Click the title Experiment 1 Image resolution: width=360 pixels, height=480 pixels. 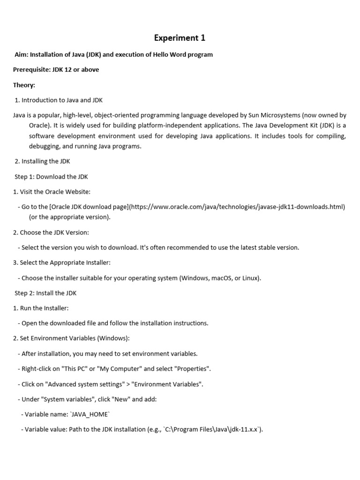(180, 38)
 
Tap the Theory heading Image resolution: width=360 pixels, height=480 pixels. (24, 85)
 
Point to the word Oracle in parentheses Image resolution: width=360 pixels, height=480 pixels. (38, 125)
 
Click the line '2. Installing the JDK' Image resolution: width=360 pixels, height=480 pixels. (42, 161)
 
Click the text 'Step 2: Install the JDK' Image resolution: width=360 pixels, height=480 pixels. (45, 293)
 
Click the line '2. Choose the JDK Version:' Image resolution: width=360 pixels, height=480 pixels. (51, 232)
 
